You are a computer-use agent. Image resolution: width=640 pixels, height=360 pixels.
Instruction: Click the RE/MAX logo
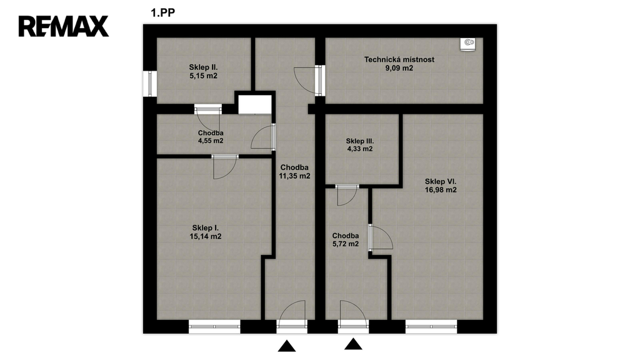[x=64, y=26]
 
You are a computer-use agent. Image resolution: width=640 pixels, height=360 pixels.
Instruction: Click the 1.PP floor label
[x=162, y=12]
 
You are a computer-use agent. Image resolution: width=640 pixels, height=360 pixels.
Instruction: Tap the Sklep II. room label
[x=203, y=67]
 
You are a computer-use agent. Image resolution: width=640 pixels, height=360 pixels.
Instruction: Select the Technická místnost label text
[x=399, y=59]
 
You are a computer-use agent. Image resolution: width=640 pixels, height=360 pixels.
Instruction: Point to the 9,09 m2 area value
[x=399, y=68]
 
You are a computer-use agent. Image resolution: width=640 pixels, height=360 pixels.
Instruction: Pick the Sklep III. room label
[x=360, y=141]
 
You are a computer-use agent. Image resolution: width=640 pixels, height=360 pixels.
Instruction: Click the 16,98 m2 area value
[x=441, y=190]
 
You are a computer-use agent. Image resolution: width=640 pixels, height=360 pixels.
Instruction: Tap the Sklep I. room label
[x=206, y=228]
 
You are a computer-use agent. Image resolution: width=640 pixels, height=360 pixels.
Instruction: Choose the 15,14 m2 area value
[x=206, y=236]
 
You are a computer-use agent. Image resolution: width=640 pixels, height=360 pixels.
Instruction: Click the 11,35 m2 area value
[x=295, y=176]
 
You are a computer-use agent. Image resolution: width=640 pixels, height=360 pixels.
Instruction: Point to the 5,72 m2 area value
[x=346, y=244]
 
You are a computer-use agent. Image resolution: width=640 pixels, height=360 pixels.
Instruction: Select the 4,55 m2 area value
[x=211, y=141]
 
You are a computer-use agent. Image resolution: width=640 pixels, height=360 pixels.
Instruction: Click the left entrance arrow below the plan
[x=287, y=346]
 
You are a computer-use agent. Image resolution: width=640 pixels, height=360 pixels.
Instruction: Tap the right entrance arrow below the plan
[x=354, y=344]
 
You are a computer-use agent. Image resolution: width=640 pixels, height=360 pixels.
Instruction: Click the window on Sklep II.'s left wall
[x=150, y=84]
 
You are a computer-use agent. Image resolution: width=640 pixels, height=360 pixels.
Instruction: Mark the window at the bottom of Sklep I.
[x=214, y=326]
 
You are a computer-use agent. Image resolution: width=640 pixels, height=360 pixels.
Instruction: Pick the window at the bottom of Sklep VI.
[x=431, y=326]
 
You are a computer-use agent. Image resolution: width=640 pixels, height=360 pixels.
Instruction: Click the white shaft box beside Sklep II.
[x=255, y=104]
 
